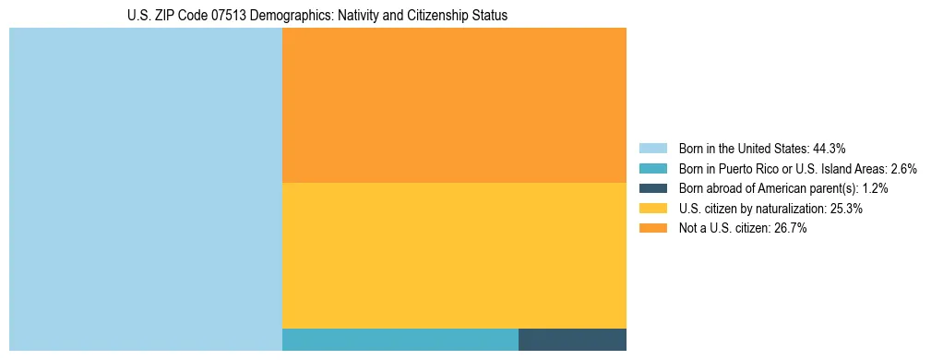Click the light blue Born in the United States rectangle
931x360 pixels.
click(145, 189)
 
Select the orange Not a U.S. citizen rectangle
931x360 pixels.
click(454, 105)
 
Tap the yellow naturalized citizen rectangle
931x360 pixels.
click(454, 256)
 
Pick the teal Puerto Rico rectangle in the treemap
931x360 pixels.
click(400, 340)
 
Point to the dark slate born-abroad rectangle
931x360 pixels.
click(572, 340)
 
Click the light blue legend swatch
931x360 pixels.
click(652, 149)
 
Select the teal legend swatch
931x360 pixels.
click(652, 169)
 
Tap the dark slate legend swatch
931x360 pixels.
click(652, 188)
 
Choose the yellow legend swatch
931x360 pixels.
click(652, 209)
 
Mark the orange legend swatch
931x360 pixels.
click(652, 229)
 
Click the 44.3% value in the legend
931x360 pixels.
click(830, 149)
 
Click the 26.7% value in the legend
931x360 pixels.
click(791, 229)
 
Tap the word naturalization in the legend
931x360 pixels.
click(786, 209)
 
